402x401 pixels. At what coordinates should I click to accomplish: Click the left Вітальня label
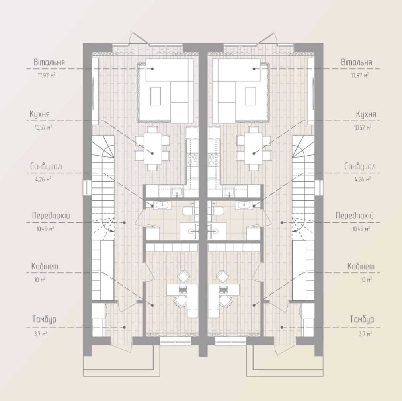coord(49,62)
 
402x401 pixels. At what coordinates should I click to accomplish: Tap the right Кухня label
coord(366,114)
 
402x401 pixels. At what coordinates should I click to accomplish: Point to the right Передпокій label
coord(355,216)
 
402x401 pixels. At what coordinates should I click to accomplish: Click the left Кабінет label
coord(45,266)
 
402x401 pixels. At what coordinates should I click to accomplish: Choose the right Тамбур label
coord(362,319)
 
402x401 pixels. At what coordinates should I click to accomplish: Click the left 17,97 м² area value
coord(46,76)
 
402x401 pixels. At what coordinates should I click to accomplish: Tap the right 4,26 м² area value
coord(363,179)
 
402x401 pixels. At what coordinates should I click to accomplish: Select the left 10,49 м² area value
coord(45,228)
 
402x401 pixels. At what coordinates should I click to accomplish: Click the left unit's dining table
coord(152,148)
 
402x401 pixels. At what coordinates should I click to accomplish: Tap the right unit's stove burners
coord(213,159)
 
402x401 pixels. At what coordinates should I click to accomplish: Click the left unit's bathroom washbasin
coord(161,205)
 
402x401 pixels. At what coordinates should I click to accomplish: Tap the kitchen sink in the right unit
coord(229,191)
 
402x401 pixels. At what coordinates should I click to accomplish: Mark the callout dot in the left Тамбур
coord(125,327)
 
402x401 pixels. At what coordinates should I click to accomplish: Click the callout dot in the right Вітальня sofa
coord(254,69)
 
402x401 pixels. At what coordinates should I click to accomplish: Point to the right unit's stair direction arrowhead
coord(295,231)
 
